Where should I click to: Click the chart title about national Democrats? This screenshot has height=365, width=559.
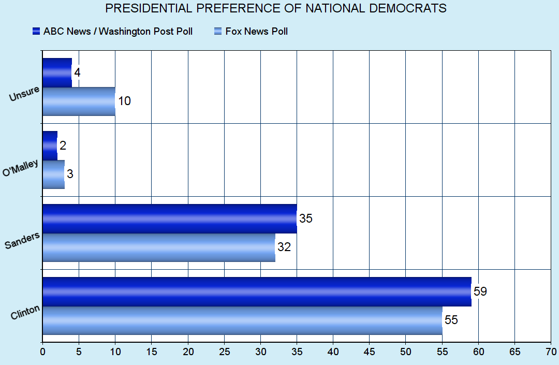[275, 8]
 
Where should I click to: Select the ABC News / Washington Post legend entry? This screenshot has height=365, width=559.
[112, 32]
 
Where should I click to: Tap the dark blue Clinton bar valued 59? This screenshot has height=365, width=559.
[256, 291]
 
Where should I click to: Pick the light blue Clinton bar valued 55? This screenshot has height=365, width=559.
[242, 320]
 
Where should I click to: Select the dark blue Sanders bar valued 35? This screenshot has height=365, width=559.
[169, 218]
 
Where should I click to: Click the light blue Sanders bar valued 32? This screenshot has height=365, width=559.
[158, 247]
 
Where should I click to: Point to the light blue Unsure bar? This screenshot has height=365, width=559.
[79, 101]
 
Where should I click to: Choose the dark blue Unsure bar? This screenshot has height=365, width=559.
[57, 72]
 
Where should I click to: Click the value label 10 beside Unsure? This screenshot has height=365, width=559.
[124, 101]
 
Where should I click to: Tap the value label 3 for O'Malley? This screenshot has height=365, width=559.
[70, 174]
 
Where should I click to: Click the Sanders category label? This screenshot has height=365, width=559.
[22, 241]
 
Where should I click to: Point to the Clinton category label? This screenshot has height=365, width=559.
[25, 312]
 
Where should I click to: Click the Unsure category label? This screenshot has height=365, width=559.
[24, 96]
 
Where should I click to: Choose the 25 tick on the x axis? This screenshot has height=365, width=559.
[224, 352]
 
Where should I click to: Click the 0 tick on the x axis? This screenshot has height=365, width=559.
[42, 352]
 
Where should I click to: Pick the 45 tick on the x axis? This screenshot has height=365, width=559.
[369, 352]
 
